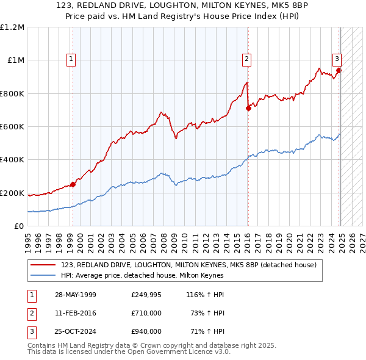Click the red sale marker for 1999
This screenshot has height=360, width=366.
pyautogui.click(x=73, y=184)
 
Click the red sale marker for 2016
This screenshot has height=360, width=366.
pyautogui.click(x=248, y=109)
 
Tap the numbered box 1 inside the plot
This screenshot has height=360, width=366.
pyautogui.click(x=71, y=59)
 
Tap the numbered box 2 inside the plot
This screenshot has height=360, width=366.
pyautogui.click(x=246, y=59)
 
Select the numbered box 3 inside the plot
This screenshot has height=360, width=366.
pyautogui.click(x=336, y=59)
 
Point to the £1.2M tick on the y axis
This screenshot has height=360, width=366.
pyautogui.click(x=12, y=27)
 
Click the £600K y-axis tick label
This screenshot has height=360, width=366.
pyautogui.click(x=12, y=127)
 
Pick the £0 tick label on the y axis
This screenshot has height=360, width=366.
pyautogui.click(x=18, y=226)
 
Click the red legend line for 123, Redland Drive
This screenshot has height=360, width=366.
pyautogui.click(x=43, y=265)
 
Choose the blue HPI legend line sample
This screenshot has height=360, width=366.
pyautogui.click(x=43, y=275)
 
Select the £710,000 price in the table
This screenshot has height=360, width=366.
pyautogui.click(x=146, y=313)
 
